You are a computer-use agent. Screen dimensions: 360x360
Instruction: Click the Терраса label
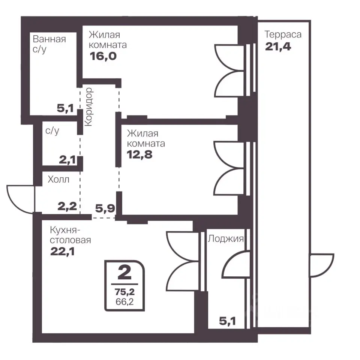pyautogui.click(x=283, y=34)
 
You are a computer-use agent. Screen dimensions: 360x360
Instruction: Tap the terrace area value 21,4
pyautogui.click(x=278, y=46)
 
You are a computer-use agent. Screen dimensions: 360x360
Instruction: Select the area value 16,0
pyautogui.click(x=103, y=56)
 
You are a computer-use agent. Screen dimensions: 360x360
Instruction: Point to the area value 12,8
pyautogui.click(x=139, y=154)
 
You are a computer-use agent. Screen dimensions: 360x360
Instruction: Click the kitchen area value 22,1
pyautogui.click(x=63, y=251)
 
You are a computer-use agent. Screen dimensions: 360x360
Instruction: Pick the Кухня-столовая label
pyautogui.click(x=70, y=235)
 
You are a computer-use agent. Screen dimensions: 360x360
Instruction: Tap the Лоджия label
pyautogui.click(x=226, y=239)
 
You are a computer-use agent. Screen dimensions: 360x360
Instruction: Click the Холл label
pyautogui.click(x=58, y=179)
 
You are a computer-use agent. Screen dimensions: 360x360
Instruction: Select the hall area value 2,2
pyautogui.click(x=67, y=206)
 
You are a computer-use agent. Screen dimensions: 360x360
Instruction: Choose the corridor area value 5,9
pyautogui.click(x=105, y=208)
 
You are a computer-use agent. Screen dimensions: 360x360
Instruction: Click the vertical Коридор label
pyautogui.click(x=89, y=107)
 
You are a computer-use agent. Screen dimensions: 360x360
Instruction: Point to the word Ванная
pyautogui.click(x=49, y=39)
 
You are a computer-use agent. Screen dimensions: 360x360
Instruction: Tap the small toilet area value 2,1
pyautogui.click(x=67, y=160)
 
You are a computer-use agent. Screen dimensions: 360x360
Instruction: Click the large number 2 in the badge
pyautogui.click(x=124, y=273)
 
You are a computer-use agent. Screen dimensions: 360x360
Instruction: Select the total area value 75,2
pyautogui.click(x=124, y=292)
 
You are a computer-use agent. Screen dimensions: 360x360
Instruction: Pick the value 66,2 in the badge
pyautogui.click(x=124, y=301)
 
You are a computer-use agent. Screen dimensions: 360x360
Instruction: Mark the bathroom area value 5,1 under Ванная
pyautogui.click(x=65, y=108)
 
